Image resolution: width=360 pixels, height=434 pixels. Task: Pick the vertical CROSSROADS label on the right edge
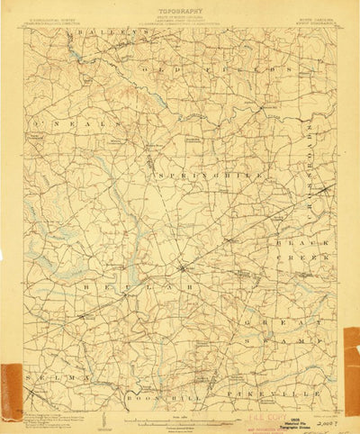pyautogui.click(x=324, y=162)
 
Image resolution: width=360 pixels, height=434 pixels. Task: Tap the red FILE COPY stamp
pyautogui.click(x=267, y=406)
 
